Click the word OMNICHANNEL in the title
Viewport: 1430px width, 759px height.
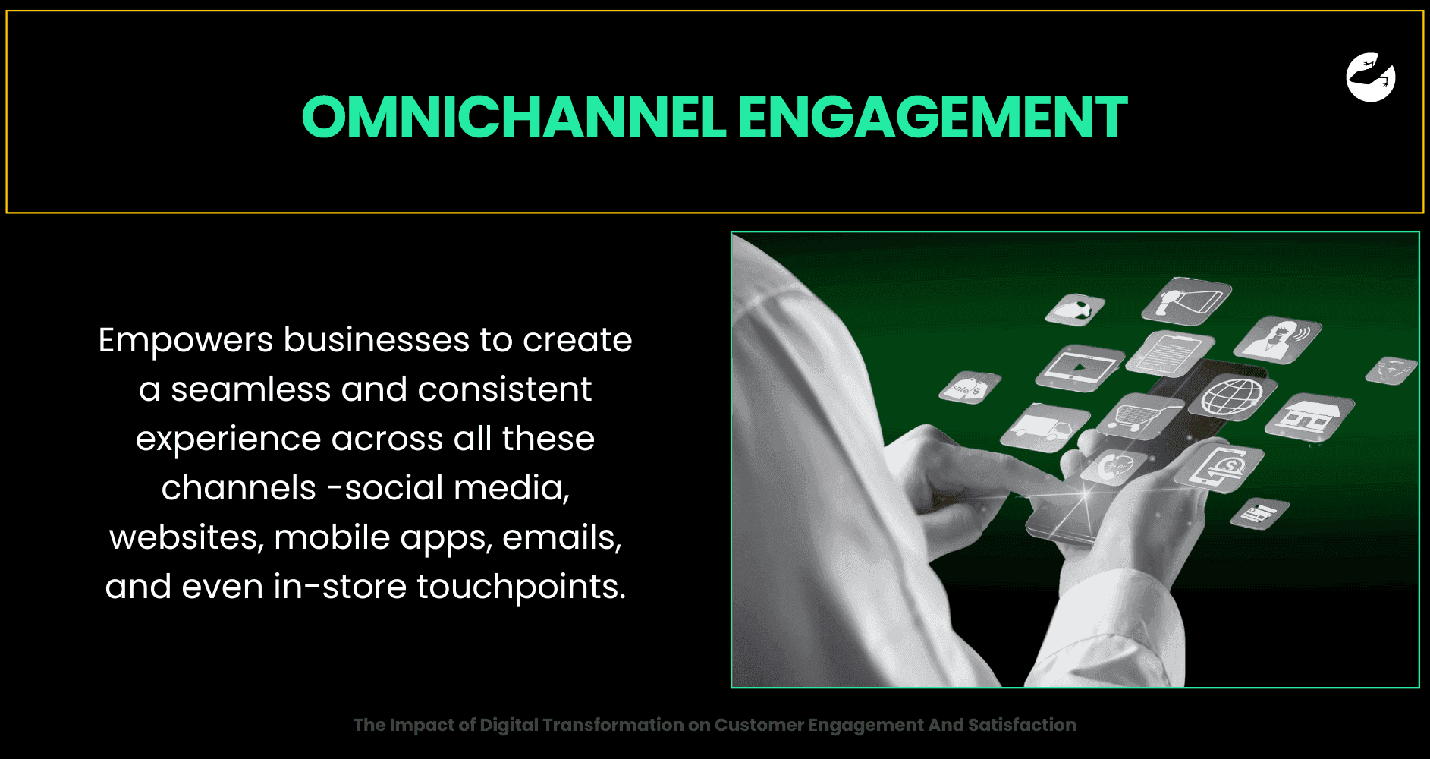[x=514, y=118]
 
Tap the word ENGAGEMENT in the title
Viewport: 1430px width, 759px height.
[x=933, y=118]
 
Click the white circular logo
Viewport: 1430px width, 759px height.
[x=1371, y=77]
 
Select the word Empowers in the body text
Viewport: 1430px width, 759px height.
[x=186, y=341]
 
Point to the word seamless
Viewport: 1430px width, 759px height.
[x=250, y=389]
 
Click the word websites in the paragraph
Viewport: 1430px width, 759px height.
[x=186, y=538]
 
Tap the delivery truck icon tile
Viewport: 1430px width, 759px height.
[x=1045, y=428]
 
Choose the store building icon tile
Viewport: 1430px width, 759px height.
[x=1308, y=417]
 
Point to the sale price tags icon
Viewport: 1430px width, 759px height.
[x=969, y=388]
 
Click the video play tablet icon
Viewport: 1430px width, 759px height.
[x=1080, y=367]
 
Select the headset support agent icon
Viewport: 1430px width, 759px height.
[x=1278, y=338]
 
